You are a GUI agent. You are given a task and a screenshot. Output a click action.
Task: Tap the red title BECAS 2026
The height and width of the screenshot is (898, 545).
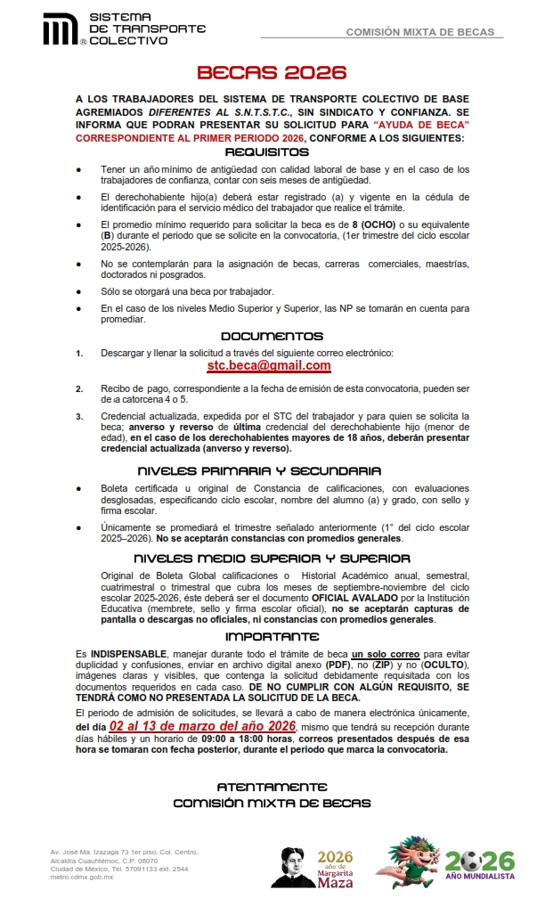pos(272,72)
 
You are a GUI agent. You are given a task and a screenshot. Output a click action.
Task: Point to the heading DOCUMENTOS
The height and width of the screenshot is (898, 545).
pos(272,337)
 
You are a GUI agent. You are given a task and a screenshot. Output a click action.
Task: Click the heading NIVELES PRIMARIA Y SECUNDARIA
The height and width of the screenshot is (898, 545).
pos(272,470)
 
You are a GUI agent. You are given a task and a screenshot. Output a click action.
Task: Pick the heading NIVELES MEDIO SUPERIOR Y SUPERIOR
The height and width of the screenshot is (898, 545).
pos(272,558)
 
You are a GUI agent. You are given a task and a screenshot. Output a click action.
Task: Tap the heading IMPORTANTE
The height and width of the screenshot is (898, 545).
pos(272,636)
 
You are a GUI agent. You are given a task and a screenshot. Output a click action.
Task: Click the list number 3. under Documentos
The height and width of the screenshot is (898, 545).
pos(79,416)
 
